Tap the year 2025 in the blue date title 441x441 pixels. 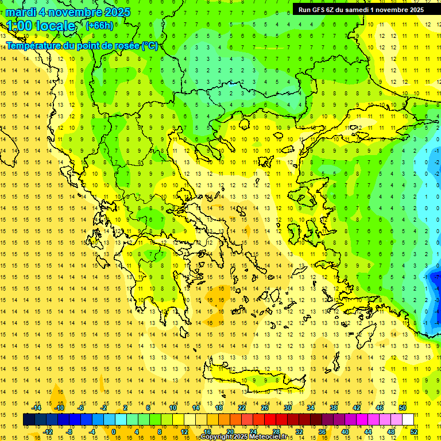coord(114,12)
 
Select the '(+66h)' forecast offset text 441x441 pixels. coord(99,25)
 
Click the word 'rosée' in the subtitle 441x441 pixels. coord(126,45)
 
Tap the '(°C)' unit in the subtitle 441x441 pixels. coord(149,45)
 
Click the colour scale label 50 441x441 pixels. coord(402,408)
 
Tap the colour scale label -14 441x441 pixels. coord(37,408)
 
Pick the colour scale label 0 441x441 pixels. coord(114,431)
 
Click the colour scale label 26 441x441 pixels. coord(265,408)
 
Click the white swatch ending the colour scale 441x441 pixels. coord(408,420)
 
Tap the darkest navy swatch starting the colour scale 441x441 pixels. coord(29,420)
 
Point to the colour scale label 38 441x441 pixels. coord(334,408)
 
